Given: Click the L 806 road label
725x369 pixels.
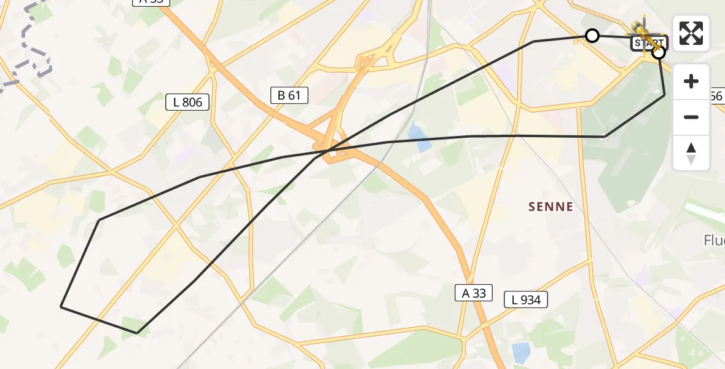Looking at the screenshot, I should tap(187, 102).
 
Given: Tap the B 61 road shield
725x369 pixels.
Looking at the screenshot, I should tap(289, 95).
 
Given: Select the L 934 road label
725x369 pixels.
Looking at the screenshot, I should tap(526, 300).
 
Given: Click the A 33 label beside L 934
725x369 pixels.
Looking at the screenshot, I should tap(474, 293).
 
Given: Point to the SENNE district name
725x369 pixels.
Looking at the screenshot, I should tap(551, 207).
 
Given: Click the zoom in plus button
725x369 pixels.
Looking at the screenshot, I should tap(691, 81).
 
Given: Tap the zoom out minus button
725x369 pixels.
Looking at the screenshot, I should tap(691, 117).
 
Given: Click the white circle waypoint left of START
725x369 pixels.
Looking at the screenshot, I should tap(592, 36).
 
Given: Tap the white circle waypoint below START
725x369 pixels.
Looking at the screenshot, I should tap(658, 53).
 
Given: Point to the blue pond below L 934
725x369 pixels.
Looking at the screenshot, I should tap(521, 352).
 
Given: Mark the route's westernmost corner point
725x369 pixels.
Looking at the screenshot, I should tap(61, 306).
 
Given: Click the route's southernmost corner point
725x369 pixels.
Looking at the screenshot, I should tap(136, 333).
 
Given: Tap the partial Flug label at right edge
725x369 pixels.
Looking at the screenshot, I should tap(713, 240).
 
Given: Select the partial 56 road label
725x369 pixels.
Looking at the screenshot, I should tap(716, 96).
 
